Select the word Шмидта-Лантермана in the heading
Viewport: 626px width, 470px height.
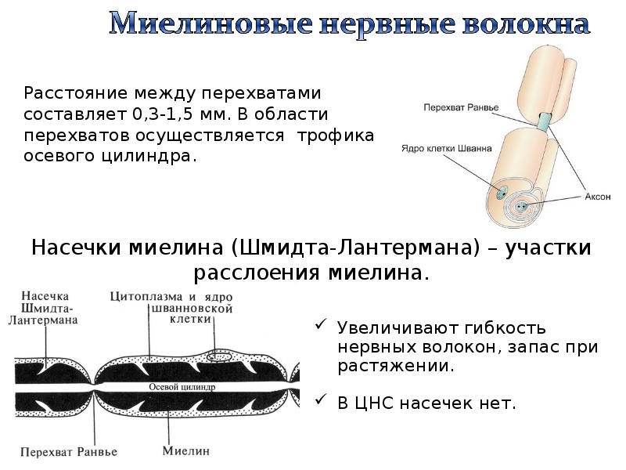354,248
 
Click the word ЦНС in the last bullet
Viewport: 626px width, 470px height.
376,403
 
